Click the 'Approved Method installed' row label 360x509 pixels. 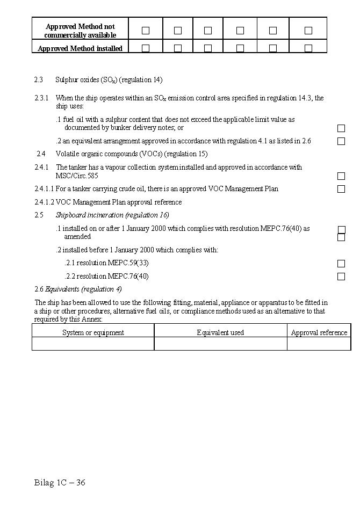[80, 48]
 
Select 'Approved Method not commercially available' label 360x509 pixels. [80, 31]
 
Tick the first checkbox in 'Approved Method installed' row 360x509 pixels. [146, 48]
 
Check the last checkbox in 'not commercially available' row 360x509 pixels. [308, 31]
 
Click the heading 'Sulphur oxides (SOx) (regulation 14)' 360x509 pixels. [109, 80]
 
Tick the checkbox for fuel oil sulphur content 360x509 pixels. [341, 128]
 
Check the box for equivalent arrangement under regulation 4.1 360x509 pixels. [341, 141]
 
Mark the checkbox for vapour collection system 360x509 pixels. [341, 176]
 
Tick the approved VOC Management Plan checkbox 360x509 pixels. [341, 189]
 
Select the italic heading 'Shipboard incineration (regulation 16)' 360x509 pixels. [112, 215]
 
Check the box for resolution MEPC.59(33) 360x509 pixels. [341, 264]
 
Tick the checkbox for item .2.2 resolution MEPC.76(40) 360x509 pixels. [341, 277]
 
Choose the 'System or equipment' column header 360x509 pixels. [93, 332]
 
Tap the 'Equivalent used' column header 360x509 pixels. [220, 332]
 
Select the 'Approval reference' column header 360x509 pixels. [319, 332]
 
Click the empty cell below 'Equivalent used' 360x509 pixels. [220, 344]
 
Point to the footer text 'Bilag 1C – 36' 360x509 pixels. [60, 482]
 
